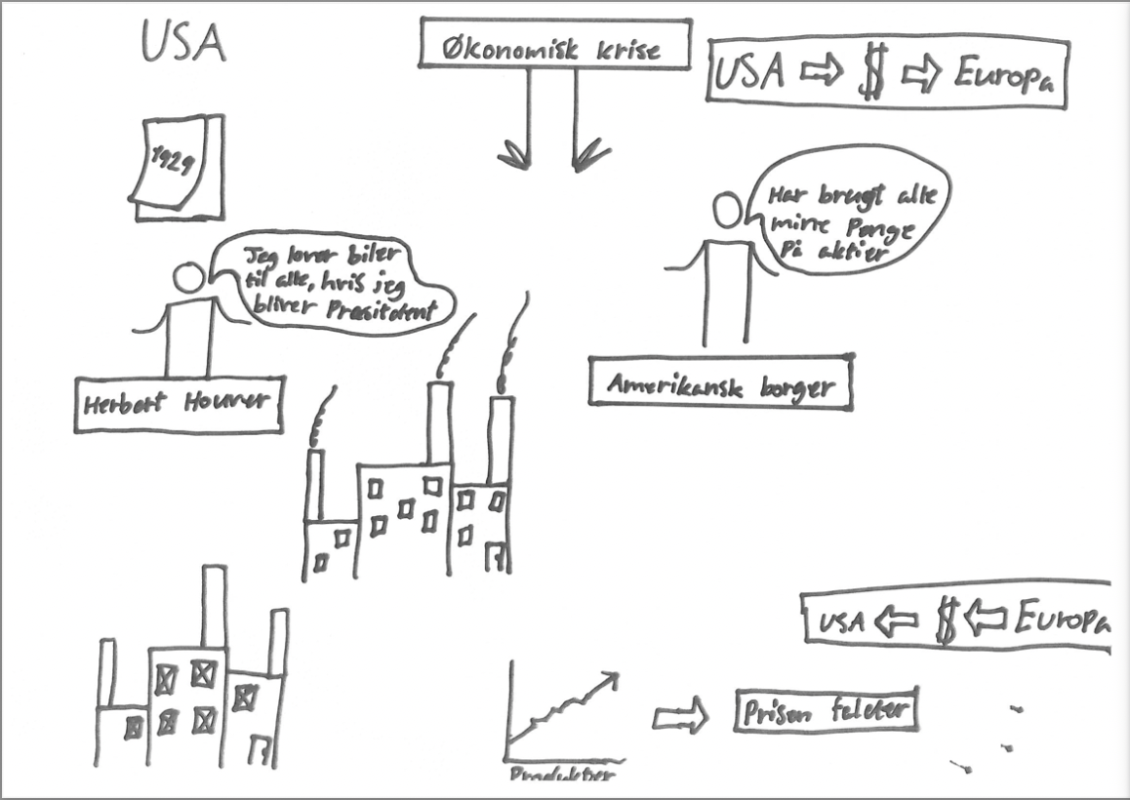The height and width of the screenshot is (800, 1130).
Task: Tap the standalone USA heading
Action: [x=182, y=43]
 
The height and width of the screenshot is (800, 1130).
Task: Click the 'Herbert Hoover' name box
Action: [x=179, y=404]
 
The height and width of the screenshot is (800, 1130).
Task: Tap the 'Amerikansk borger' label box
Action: [x=720, y=383]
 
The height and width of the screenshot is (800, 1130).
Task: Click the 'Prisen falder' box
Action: [x=826, y=712]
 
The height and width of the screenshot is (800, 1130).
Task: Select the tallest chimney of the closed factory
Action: [x=214, y=605]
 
